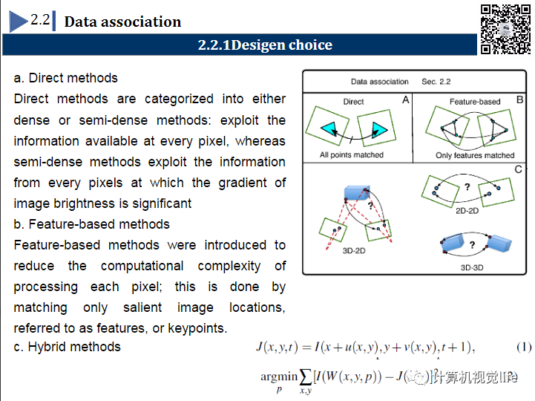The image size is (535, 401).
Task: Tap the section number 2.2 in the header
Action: coord(40,20)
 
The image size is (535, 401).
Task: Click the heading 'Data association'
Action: coord(122,22)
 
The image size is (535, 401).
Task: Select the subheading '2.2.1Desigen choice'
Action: coord(265,45)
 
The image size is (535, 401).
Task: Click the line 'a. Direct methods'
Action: coord(66,78)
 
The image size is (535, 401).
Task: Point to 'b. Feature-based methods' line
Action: coord(92,224)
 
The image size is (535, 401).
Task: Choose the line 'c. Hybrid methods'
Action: coord(68,347)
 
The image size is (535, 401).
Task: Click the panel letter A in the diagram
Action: coord(405,99)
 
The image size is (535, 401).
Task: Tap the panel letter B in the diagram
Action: coord(520,99)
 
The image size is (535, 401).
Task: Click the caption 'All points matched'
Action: coord(352,155)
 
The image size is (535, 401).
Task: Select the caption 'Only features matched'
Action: coord(475,155)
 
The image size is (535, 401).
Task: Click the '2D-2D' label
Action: coord(467,211)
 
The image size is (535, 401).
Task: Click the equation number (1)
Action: coord(524,348)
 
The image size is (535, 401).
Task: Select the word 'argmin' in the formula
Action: coord(278,376)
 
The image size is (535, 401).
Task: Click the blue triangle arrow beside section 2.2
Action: coord(19,22)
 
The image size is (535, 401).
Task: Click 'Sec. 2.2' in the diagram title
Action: coord(436,82)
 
